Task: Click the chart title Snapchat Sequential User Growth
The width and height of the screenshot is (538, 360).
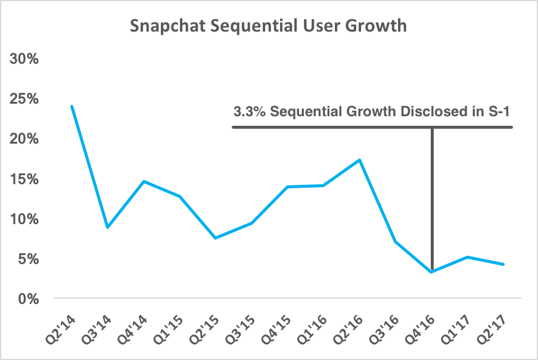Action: coord(269,26)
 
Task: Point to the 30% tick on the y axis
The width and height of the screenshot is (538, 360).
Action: coord(23,60)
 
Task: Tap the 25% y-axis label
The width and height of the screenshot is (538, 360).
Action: coord(23,100)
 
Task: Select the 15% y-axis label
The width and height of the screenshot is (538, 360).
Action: coord(23,179)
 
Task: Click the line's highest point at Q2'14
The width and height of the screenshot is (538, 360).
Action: coord(71,106)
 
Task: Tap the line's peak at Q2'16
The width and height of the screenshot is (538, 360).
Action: coord(359,160)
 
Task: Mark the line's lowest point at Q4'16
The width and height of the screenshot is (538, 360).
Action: coord(431,272)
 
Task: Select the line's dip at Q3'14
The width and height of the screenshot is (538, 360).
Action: coord(107,227)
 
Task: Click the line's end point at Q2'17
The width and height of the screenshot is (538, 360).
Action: coord(503,264)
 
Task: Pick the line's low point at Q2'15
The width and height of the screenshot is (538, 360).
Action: coord(215,238)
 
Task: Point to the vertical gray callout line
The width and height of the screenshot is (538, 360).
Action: coord(431,197)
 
